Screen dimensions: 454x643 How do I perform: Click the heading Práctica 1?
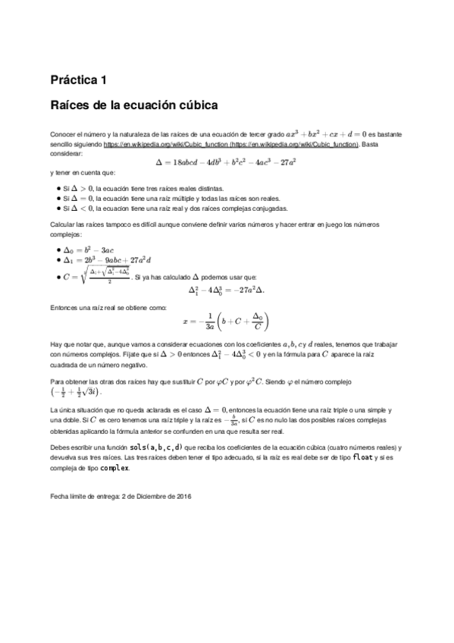pos(78,80)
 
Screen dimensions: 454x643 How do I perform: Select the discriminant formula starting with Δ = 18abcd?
pos(225,162)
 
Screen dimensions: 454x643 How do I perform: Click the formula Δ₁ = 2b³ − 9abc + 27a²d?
pos(108,260)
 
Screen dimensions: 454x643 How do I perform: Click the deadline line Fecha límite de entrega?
pos(121,496)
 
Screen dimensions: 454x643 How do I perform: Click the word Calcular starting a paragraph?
pos(62,226)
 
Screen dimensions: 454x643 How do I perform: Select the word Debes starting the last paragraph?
pos(61,447)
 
